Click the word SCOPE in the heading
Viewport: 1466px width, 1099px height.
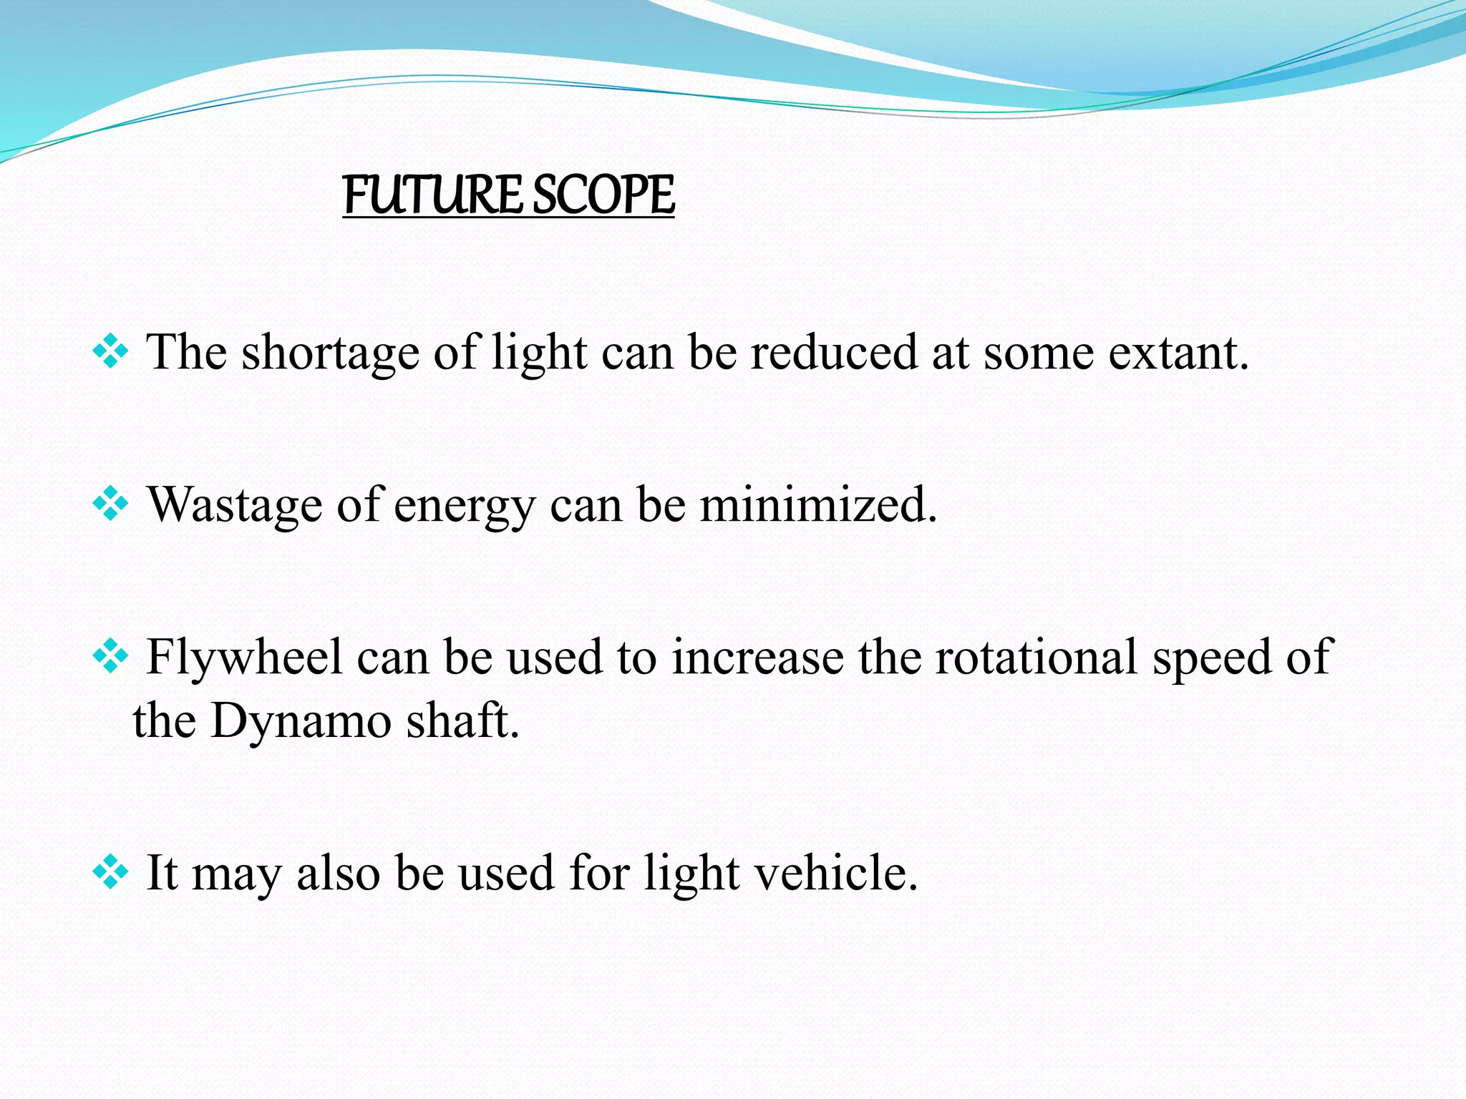point(603,195)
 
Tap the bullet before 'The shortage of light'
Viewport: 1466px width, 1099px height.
point(110,353)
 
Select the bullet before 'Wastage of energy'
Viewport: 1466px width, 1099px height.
point(110,505)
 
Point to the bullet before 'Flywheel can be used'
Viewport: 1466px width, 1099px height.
point(110,658)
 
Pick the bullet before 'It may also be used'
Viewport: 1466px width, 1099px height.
point(110,873)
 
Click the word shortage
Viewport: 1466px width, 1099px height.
point(330,353)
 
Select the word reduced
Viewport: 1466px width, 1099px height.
point(833,353)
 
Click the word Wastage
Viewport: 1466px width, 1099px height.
point(235,505)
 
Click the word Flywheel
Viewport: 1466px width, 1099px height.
point(244,658)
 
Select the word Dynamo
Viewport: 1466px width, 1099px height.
point(301,721)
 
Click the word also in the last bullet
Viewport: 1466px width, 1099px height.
point(338,873)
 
